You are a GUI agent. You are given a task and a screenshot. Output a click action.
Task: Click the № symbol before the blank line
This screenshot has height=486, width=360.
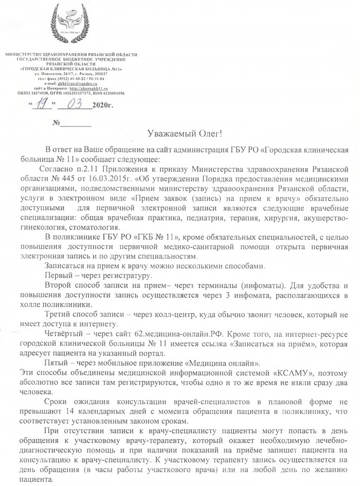[x=58, y=124]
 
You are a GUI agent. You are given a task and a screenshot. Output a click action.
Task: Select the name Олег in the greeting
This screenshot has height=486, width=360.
[x=208, y=134]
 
